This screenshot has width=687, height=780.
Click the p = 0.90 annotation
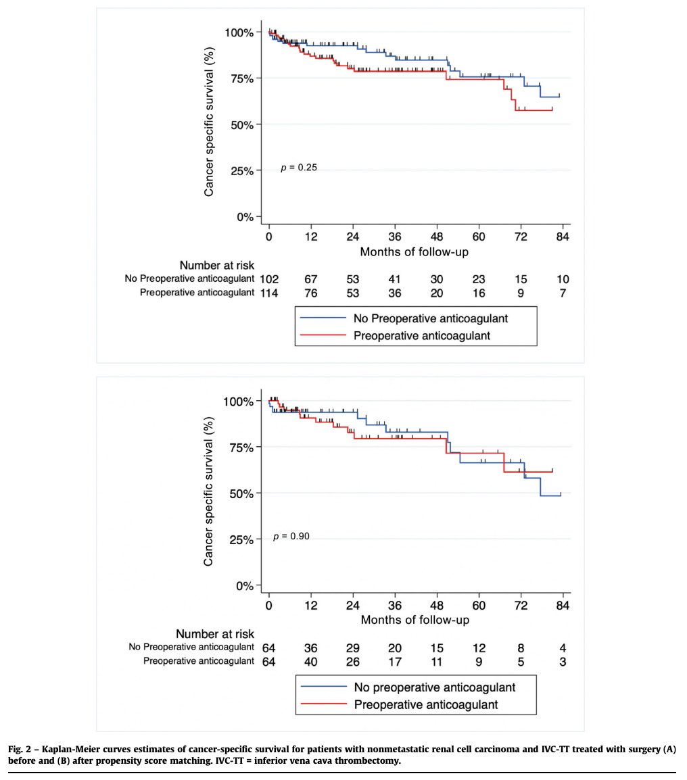click(291, 537)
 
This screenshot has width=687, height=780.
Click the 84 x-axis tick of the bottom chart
click(563, 606)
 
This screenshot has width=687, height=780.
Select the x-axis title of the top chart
click(414, 252)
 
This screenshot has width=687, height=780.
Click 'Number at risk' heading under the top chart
click(216, 266)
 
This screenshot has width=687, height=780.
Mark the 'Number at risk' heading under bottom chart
click(215, 634)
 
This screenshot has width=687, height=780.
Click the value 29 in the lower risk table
click(353, 647)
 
